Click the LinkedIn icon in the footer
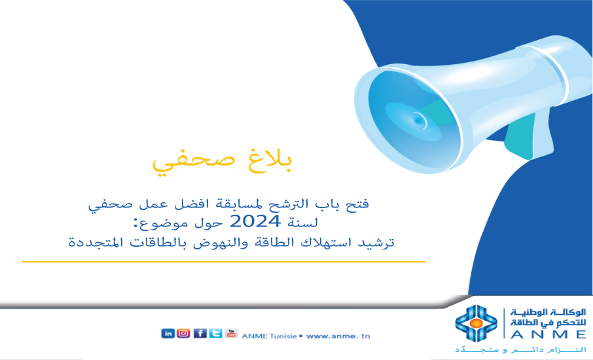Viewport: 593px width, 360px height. coord(168,333)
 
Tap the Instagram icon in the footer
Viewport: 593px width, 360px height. coord(184,333)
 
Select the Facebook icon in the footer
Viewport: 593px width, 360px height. coord(200,333)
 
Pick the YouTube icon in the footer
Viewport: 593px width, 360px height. coord(231,333)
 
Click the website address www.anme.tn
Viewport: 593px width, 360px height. coord(338,336)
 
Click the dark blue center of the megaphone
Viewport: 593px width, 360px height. coord(416,120)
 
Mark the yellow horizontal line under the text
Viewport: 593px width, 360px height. coord(223,261)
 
